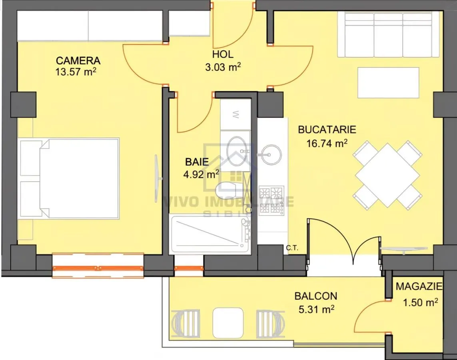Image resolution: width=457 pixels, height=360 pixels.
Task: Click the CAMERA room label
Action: pyautogui.click(x=78, y=61)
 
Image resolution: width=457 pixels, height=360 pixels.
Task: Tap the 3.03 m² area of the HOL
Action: pyautogui.click(x=223, y=67)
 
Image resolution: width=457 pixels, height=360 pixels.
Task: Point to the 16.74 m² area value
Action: pyautogui.click(x=327, y=143)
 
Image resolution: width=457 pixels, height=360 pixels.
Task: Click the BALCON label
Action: pyautogui.click(x=316, y=296)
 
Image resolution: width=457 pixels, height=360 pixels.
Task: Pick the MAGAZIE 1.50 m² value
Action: pyautogui.click(x=420, y=302)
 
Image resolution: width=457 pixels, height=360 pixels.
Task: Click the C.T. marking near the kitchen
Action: pyautogui.click(x=292, y=248)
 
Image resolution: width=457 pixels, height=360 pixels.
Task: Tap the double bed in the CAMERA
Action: pyautogui.click(x=69, y=178)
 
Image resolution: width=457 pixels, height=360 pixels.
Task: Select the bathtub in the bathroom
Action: pyautogui.click(x=210, y=234)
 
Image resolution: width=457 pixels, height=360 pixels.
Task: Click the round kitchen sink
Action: pyautogui.click(x=271, y=154)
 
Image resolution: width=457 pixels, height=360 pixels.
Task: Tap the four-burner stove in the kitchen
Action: pyautogui.click(x=271, y=201)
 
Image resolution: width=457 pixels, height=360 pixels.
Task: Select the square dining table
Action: pyautogui.click(x=387, y=175)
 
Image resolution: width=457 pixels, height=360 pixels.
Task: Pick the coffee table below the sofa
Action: pyautogui.click(x=388, y=83)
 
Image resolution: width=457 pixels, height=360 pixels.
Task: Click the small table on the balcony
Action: pyautogui.click(x=228, y=323)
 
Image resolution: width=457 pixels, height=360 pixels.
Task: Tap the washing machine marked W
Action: pyautogui.click(x=235, y=114)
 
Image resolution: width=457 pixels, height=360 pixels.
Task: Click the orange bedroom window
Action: pyautogui.click(x=98, y=268)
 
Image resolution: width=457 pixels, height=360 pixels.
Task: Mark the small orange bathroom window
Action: pyautogui.click(x=189, y=268)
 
